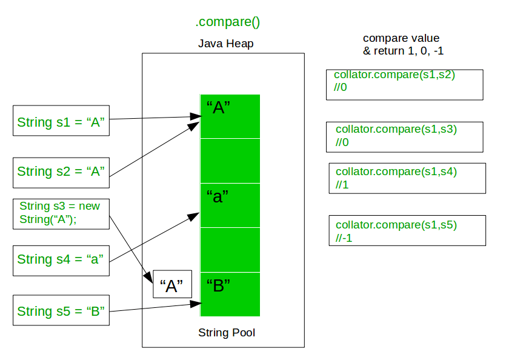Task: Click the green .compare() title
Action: point(227,23)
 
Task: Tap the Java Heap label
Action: point(225,44)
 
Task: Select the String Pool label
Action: point(227,333)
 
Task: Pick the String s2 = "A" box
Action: point(61,172)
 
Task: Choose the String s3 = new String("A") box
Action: point(61,213)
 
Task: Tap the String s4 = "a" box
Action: point(61,259)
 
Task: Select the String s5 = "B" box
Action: point(61,312)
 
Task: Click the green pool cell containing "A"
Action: point(230,116)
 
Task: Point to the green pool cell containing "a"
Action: point(230,205)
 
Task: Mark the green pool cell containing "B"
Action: point(230,294)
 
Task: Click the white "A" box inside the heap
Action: point(172,284)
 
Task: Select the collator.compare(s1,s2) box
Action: point(404,84)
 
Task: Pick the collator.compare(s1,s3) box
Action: point(404,137)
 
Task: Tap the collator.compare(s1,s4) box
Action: point(407,178)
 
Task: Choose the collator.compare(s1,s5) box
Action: point(407,230)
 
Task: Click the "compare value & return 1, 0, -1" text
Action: point(403,45)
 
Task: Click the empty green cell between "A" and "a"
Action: point(230,161)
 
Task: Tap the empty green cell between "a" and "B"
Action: point(230,250)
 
